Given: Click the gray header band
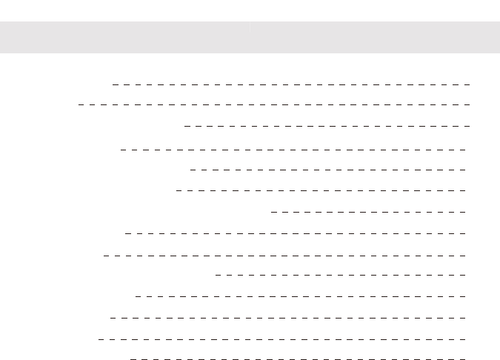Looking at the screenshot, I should point(250,36).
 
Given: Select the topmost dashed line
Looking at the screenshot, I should point(291,84).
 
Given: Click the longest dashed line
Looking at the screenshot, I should point(274,104).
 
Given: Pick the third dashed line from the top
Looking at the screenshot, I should point(327,126).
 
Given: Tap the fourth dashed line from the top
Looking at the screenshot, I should point(293,149).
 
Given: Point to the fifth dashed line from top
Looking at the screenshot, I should point(328,170).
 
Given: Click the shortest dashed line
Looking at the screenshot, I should point(369,212).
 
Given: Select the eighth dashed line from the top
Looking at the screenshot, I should point(296,233).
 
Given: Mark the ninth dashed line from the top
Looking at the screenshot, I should point(285,255).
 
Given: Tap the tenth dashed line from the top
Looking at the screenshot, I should point(341,275).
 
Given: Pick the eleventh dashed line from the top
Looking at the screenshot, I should point(301,296).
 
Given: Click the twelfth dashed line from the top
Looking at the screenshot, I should point(288,318).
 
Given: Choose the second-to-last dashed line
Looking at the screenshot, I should point(282,339).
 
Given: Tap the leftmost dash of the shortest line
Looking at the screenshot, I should point(274,212).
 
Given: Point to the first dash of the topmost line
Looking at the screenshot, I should point(116,84).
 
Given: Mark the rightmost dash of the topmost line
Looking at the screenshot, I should point(467,84).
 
